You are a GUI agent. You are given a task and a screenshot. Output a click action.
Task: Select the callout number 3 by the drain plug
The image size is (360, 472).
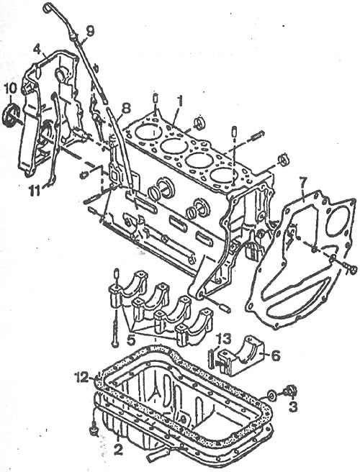coord(292,407)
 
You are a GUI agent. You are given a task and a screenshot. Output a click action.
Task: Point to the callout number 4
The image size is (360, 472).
coord(37,49)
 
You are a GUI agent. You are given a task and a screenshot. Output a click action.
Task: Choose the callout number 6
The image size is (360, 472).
coord(274,355)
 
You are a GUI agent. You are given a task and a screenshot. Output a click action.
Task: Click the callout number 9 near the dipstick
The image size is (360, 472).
coord(90,32)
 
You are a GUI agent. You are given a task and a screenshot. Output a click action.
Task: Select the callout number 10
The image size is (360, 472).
coord(11,89)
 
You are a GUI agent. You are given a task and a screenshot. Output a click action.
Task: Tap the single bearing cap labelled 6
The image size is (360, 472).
coord(242,355)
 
